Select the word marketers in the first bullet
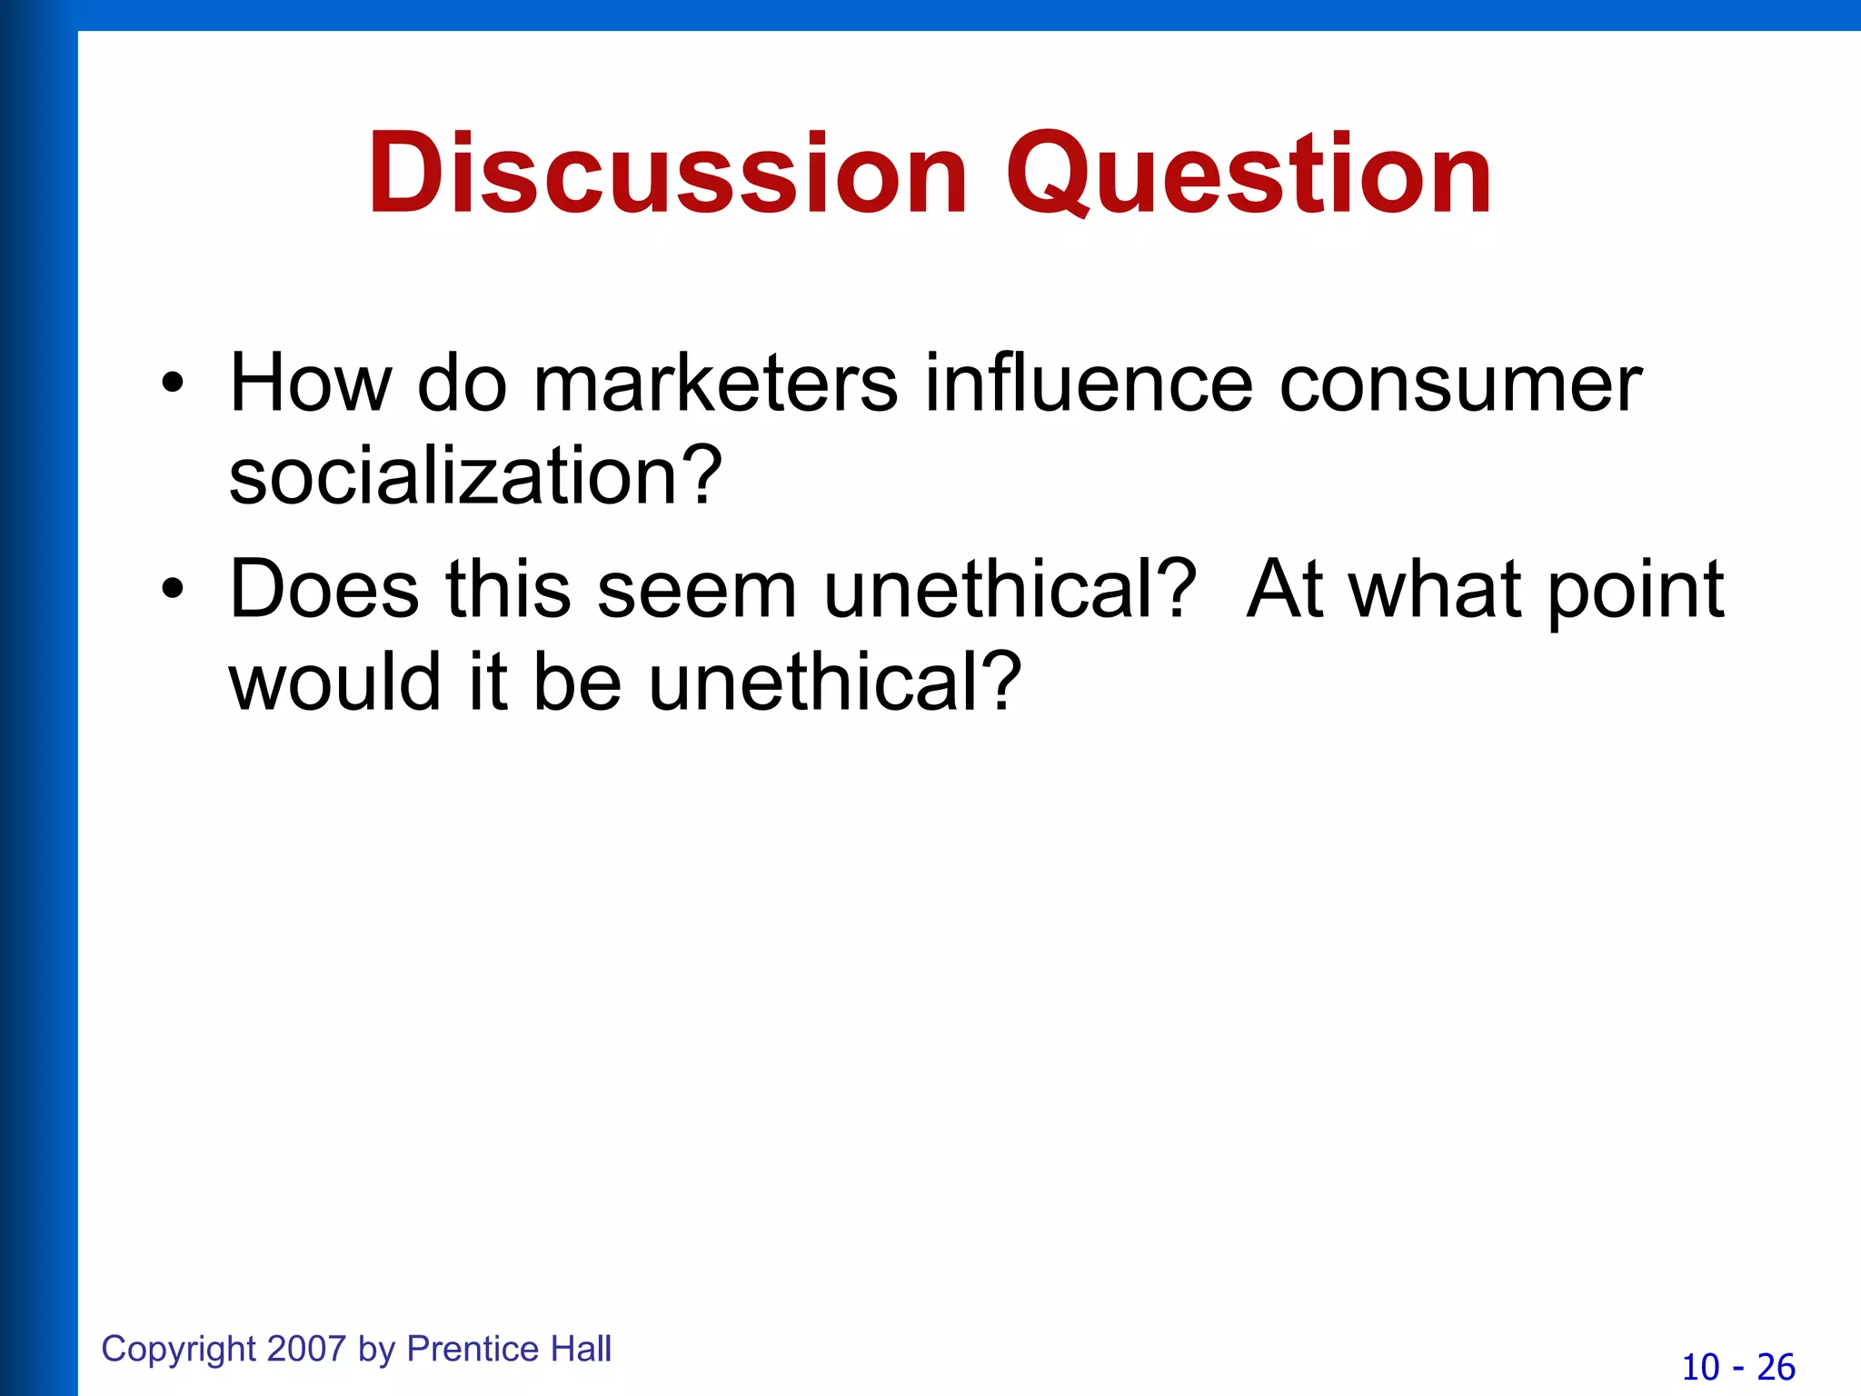click(715, 384)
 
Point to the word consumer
click(1460, 384)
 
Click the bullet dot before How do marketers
click(172, 384)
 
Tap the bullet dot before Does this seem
click(172, 590)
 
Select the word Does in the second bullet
click(324, 590)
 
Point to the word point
click(1635, 590)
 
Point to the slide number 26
click(1776, 1367)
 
